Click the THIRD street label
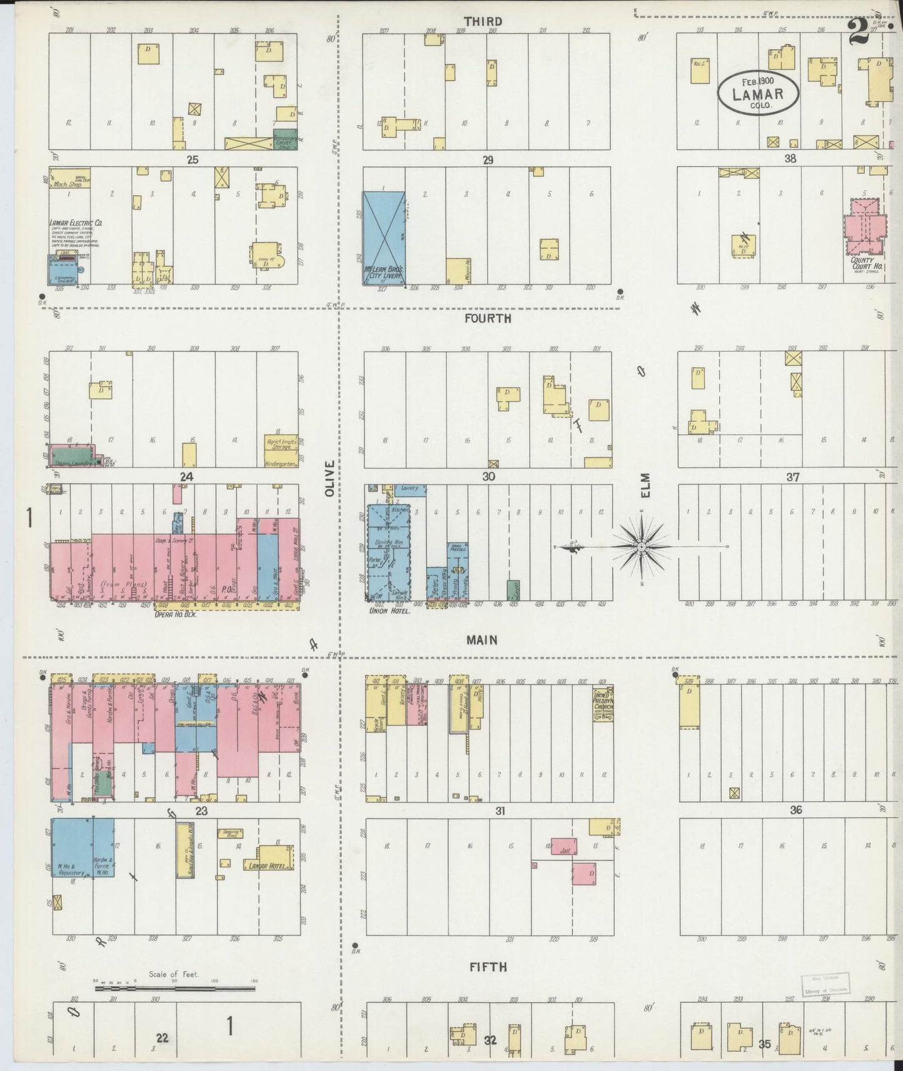click(483, 22)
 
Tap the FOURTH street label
click(488, 319)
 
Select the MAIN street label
click(482, 640)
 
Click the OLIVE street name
click(331, 479)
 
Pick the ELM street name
click(645, 485)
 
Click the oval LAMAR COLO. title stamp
click(757, 93)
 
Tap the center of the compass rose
click(641, 547)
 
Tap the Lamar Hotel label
click(267, 866)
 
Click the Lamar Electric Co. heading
click(77, 222)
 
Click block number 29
click(488, 161)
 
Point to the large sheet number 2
click(859, 31)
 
